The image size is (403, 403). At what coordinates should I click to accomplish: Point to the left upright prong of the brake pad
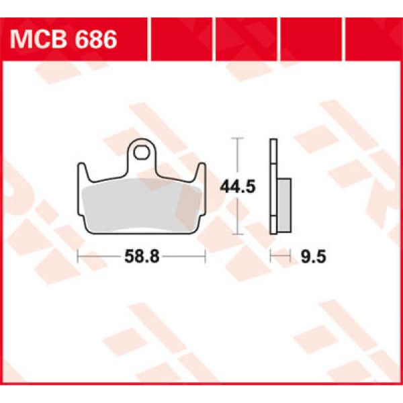point(81,176)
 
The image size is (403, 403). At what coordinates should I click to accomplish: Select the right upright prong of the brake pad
point(199,176)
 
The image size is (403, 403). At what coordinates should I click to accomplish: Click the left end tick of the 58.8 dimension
point(78,256)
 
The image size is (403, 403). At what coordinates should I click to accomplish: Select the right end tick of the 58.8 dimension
point(204,256)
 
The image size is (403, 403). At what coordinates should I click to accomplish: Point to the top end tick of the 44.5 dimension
point(236,138)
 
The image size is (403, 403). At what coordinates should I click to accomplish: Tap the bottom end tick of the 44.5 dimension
point(236,234)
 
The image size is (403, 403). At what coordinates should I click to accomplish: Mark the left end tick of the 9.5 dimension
point(270,256)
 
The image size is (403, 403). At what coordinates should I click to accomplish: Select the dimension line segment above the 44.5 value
point(236,158)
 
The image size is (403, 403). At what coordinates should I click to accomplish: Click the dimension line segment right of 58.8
point(181,256)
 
